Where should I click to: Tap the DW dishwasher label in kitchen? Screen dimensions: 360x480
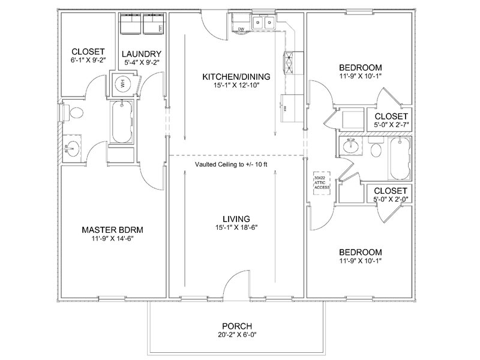[241, 29]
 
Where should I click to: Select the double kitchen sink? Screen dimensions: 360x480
[265, 24]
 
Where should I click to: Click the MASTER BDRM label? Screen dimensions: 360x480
[112, 230]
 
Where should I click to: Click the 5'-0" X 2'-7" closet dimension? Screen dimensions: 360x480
[391, 125]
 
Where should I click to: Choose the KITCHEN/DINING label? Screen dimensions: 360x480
[236, 76]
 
